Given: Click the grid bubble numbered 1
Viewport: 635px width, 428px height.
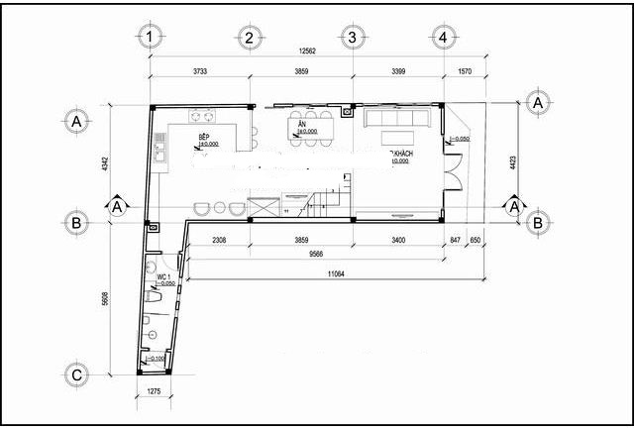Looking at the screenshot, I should [150, 38].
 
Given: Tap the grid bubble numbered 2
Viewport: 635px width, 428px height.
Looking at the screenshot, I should [250, 38].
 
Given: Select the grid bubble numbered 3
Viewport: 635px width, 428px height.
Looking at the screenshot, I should [350, 38].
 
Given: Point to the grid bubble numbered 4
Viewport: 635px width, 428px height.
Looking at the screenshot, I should [443, 38].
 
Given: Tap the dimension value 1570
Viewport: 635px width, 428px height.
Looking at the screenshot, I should [467, 71].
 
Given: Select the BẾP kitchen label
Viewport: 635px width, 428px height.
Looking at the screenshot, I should [205, 136].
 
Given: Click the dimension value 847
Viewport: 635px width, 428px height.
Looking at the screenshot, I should [455, 240].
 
